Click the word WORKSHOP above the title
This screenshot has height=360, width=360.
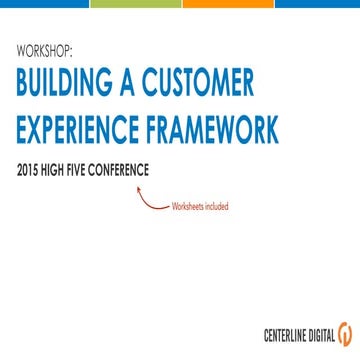[x=46, y=50]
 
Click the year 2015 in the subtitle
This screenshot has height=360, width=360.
[x=29, y=169]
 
